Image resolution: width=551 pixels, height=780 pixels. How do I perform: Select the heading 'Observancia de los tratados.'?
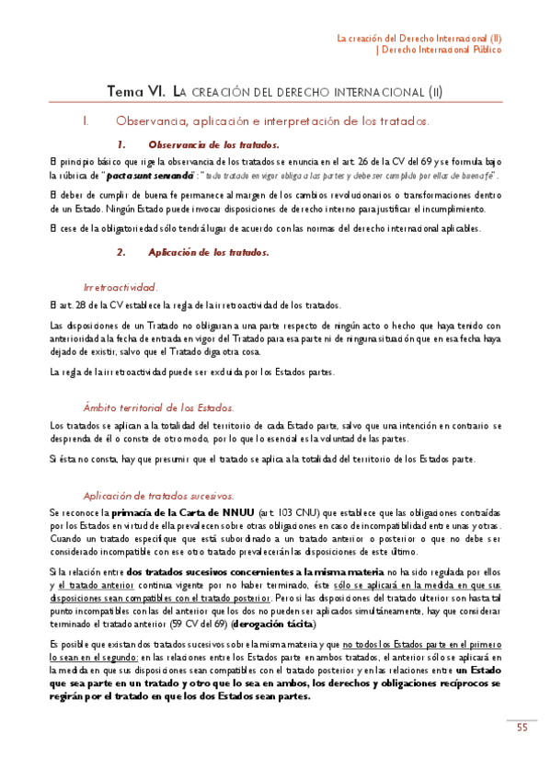[213, 144]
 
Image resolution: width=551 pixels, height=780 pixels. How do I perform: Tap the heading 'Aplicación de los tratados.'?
[209, 251]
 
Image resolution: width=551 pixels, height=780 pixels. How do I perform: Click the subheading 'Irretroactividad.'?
[120, 287]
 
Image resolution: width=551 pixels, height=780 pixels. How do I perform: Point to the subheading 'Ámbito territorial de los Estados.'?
[158, 407]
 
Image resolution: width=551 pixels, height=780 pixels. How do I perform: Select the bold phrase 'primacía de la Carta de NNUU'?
[178, 511]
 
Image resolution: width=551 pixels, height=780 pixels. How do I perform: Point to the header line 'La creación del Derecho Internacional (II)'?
[419, 38]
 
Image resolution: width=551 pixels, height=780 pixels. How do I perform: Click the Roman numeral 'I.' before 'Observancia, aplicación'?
[86, 120]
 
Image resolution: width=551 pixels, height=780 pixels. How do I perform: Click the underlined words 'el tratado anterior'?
[92, 584]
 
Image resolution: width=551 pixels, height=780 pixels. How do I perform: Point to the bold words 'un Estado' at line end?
[478, 671]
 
